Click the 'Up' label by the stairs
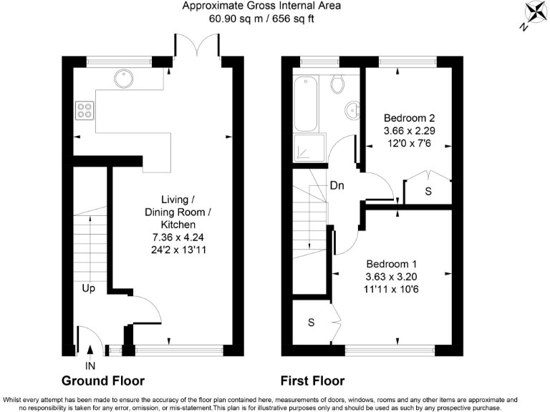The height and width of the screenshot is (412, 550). [x=90, y=288]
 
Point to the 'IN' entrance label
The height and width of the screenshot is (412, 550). [x=90, y=366]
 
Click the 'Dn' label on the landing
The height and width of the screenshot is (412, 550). [x=338, y=185]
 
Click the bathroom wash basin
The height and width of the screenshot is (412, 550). [x=352, y=111]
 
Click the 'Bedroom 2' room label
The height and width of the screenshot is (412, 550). [x=409, y=118]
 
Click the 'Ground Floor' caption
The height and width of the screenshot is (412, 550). [x=103, y=381]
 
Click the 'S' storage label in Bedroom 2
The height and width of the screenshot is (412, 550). [x=428, y=192]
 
